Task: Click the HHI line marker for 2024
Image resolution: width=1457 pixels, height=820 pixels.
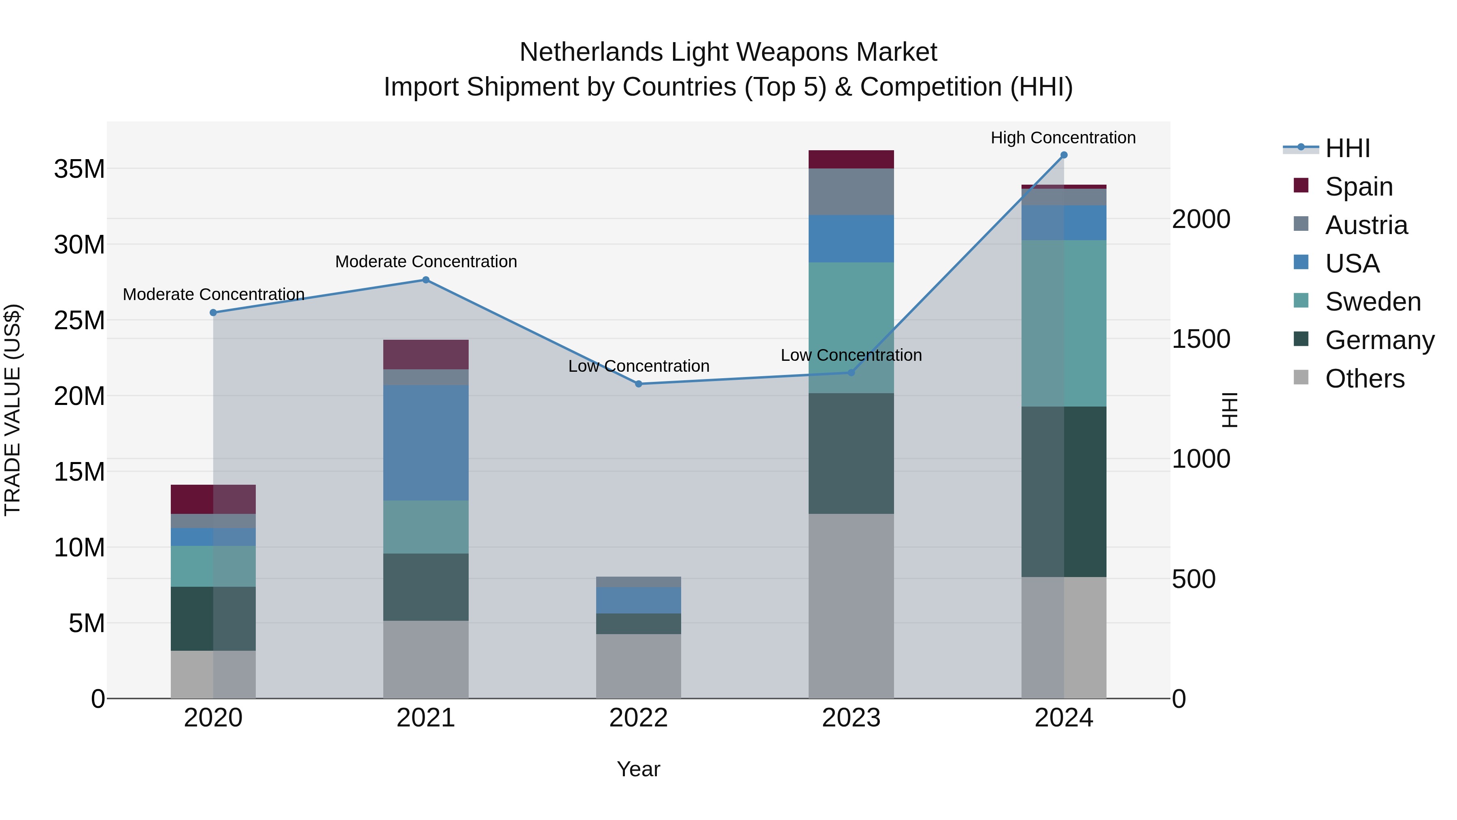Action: point(1063,155)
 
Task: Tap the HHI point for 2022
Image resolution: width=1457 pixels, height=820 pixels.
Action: point(639,384)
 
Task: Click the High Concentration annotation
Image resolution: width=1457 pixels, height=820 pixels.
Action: point(1063,138)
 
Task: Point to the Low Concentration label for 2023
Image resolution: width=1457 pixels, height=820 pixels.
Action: point(851,356)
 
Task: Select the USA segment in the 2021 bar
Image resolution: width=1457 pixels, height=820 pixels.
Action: point(426,443)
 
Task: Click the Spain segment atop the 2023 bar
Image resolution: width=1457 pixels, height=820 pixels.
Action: point(851,159)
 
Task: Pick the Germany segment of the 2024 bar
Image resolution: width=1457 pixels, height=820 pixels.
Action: point(1063,491)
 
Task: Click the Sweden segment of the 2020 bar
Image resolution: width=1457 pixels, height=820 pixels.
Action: point(213,566)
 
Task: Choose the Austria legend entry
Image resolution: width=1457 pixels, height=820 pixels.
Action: point(1366,225)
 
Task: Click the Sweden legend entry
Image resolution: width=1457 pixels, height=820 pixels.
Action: point(1373,302)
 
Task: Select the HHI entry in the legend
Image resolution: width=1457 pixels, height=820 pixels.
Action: point(1347,148)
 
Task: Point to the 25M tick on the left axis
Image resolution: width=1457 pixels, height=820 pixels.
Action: point(79,320)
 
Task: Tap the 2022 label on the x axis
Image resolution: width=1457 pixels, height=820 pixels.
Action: point(639,718)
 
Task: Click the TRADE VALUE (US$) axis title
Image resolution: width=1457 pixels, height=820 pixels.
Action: point(13,410)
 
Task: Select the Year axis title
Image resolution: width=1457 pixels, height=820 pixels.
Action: point(639,769)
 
